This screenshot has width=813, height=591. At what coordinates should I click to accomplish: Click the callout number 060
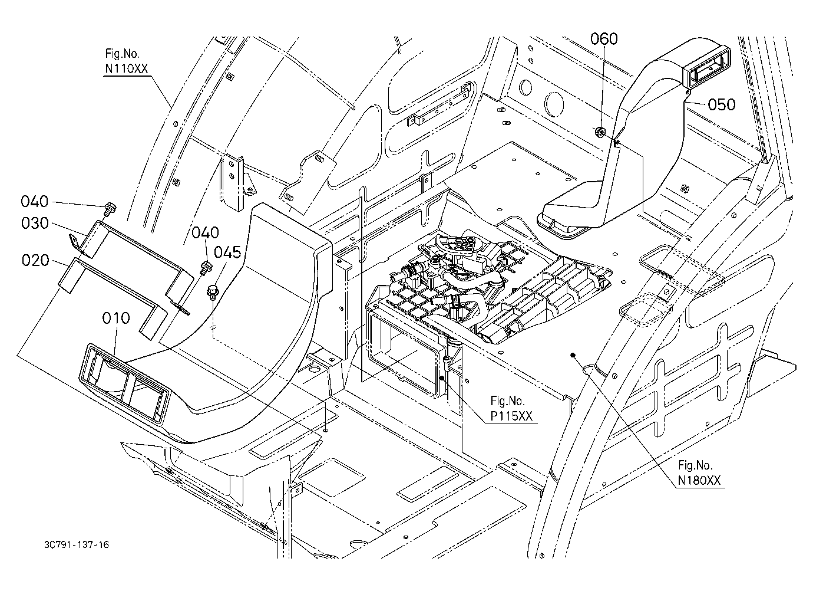click(604, 39)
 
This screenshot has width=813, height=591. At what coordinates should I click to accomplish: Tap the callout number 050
click(722, 104)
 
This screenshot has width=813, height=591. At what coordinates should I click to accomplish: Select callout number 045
click(227, 252)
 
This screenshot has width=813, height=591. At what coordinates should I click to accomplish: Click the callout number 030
click(35, 223)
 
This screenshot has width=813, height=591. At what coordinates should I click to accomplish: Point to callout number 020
click(35, 260)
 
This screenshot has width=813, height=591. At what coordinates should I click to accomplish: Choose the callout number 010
click(116, 318)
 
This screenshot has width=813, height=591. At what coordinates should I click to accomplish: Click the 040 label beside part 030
click(35, 201)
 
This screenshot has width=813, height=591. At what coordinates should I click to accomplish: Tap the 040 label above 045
click(205, 232)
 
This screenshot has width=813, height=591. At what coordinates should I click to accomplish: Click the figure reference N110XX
click(127, 68)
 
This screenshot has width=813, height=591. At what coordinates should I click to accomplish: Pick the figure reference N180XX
click(699, 481)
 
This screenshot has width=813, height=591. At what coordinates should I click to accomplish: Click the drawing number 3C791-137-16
click(77, 545)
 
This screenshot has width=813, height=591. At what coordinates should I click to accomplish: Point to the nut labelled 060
click(600, 132)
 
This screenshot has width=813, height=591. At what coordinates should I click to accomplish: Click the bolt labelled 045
click(212, 293)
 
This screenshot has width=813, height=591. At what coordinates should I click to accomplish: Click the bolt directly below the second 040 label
click(206, 268)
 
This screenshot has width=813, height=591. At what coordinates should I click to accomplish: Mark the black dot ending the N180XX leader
click(573, 356)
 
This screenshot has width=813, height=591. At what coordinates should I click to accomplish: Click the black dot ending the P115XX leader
click(442, 378)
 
